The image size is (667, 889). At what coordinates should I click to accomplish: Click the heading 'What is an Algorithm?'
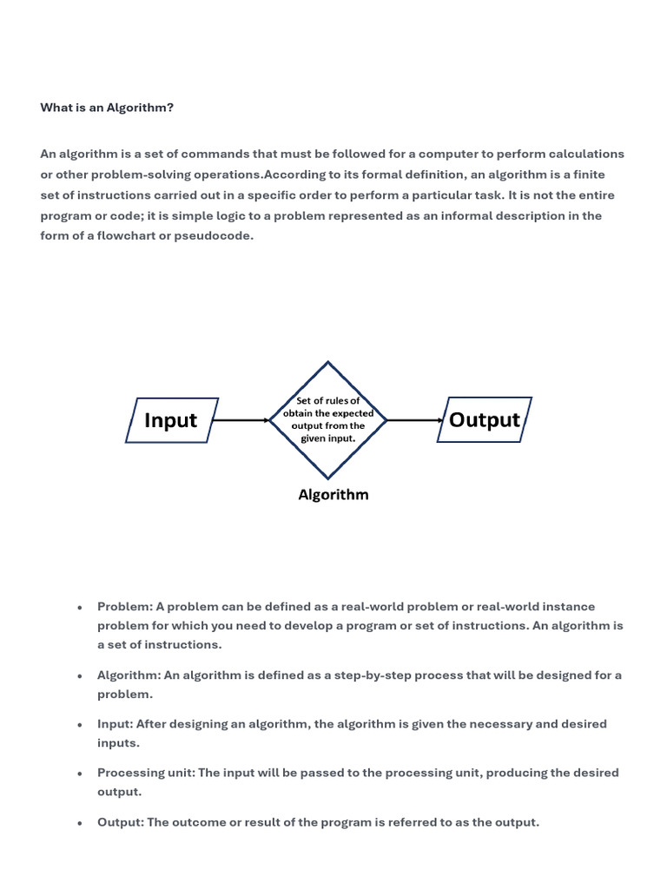click(107, 108)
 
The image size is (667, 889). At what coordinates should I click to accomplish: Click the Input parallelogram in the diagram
click(171, 420)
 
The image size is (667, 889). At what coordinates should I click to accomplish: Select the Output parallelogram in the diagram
click(484, 420)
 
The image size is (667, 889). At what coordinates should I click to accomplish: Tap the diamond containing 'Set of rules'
click(327, 420)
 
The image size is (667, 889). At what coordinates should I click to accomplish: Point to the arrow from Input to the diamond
click(241, 420)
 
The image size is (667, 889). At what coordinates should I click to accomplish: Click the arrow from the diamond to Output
click(415, 420)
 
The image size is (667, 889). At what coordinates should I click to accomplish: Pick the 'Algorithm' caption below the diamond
click(333, 495)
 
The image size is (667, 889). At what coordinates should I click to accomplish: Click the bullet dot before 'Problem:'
click(79, 608)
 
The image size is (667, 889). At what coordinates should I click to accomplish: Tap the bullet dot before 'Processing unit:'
click(79, 774)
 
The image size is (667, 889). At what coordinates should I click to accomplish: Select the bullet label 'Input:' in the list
click(116, 724)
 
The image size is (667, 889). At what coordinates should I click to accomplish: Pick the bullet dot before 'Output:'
click(79, 823)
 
